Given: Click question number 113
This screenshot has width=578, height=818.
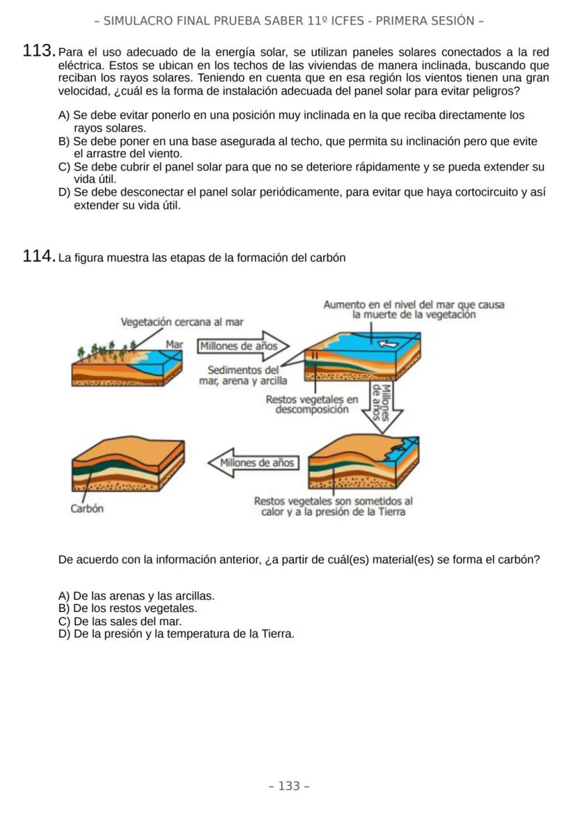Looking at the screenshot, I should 39,52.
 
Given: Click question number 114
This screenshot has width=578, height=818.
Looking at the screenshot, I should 39,257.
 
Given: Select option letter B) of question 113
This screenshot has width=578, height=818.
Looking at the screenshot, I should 64,142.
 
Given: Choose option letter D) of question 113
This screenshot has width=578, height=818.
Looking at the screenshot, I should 65,192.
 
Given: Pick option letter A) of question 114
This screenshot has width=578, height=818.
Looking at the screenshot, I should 64,596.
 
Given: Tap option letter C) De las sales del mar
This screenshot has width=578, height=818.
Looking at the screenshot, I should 64,621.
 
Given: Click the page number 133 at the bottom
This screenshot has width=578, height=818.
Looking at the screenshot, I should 289,786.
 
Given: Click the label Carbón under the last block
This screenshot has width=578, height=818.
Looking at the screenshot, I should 87,509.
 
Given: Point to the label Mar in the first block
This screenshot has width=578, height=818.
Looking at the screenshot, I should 174,344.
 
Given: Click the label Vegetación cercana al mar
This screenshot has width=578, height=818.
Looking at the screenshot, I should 182,322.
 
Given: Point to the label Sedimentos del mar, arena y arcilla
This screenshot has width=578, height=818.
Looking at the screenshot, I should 243,375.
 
